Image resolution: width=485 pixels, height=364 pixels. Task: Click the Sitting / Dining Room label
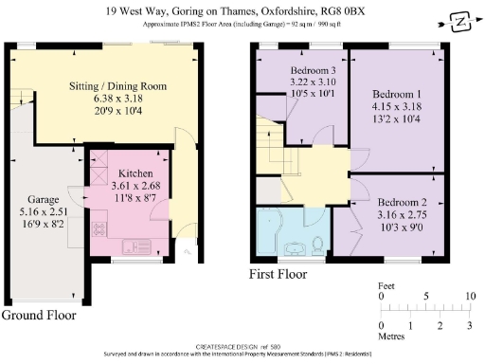(x=117, y=85)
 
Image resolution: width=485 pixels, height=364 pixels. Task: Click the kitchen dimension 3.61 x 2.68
(x=131, y=188)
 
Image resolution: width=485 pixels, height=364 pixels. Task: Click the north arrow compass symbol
(x=460, y=19)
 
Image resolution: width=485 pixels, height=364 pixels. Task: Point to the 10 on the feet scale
(x=468, y=297)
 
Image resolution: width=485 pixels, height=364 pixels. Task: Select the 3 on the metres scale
(x=468, y=327)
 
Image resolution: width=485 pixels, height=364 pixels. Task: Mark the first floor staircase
(x=275, y=142)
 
